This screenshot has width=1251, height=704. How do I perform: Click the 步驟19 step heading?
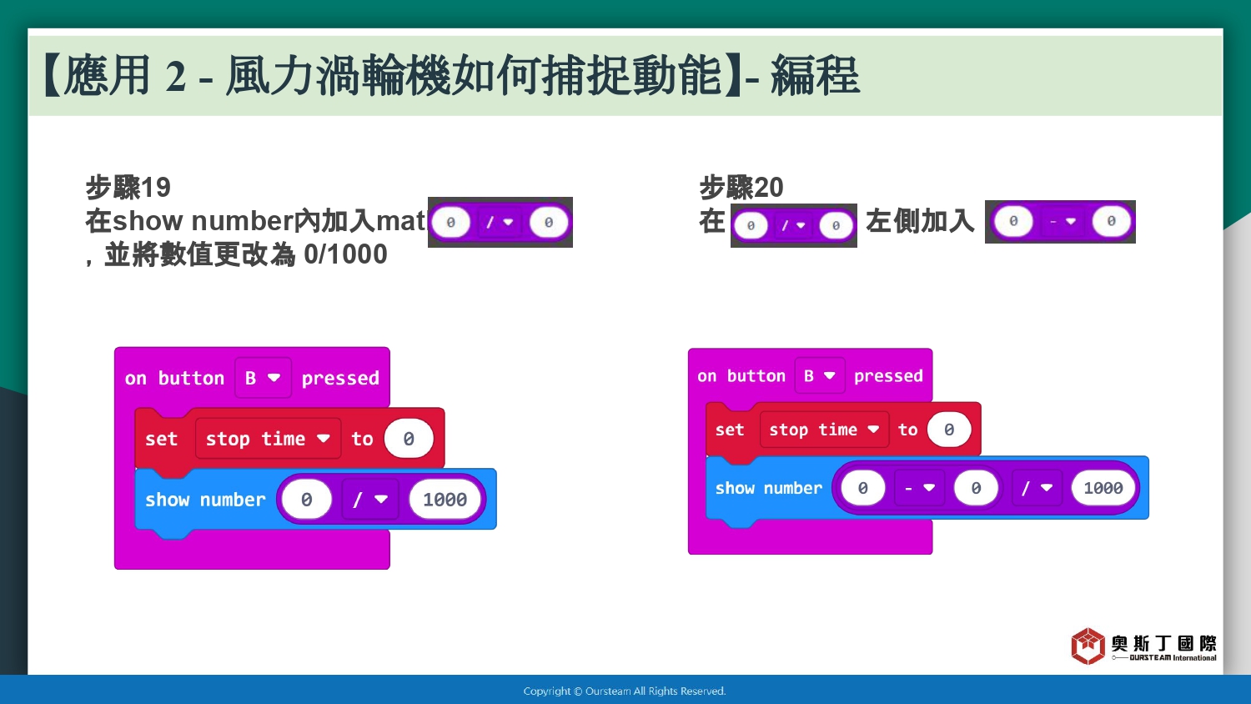[128, 187]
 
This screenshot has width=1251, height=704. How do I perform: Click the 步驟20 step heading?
[741, 187]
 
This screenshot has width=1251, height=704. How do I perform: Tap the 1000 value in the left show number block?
[445, 499]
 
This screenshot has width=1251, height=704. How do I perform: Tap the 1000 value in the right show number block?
[1103, 488]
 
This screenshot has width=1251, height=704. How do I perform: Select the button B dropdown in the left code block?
[263, 378]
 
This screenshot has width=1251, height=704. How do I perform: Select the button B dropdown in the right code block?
[820, 375]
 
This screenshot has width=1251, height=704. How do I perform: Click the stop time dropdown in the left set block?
[268, 439]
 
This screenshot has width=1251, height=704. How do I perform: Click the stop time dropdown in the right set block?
[824, 429]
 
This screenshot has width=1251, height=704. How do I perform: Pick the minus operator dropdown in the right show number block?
[919, 488]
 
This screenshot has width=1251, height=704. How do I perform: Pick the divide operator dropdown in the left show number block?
[370, 499]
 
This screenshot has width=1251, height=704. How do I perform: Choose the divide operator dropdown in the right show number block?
[1037, 488]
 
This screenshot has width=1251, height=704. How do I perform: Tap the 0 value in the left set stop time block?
[409, 439]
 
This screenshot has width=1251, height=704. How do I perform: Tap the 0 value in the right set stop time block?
[949, 429]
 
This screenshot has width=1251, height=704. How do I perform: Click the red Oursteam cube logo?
[1088, 646]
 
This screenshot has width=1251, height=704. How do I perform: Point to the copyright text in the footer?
[625, 691]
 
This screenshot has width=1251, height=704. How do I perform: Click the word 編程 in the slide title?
[815, 76]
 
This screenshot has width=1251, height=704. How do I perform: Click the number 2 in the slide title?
[175, 77]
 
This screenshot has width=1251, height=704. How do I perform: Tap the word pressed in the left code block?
[340, 378]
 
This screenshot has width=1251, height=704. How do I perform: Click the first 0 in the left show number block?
[307, 499]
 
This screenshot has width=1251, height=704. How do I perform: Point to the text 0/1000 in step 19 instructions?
[345, 254]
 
